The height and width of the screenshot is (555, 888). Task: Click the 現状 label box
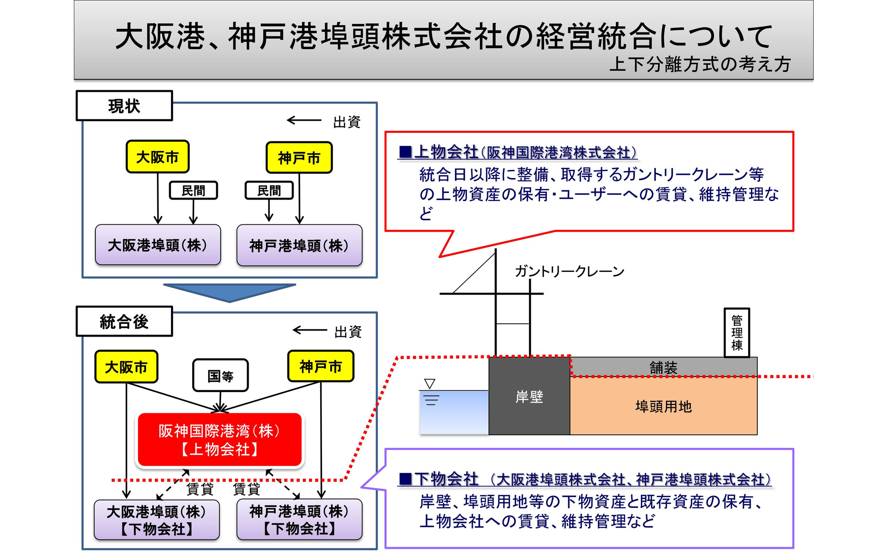pyautogui.click(x=124, y=106)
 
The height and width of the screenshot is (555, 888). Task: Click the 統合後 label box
pyautogui.click(x=124, y=322)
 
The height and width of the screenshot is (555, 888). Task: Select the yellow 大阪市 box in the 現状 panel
pyautogui.click(x=157, y=157)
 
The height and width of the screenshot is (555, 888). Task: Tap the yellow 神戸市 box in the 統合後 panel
pyautogui.click(x=321, y=366)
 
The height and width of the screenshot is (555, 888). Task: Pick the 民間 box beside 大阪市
pyautogui.click(x=193, y=190)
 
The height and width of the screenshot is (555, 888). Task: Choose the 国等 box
pyautogui.click(x=220, y=376)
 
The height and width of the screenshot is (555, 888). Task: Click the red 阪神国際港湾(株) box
pyautogui.click(x=220, y=440)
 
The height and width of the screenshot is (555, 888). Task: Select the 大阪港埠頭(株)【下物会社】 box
pyautogui.click(x=157, y=520)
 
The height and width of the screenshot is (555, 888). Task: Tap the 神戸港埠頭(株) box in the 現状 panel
pyautogui.click(x=299, y=245)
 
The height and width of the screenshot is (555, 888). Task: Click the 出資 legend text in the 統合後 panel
pyautogui.click(x=348, y=332)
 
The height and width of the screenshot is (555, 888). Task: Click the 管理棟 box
pyautogui.click(x=737, y=333)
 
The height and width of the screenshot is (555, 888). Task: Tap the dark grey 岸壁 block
pyautogui.click(x=529, y=396)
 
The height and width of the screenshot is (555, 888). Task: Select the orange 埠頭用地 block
pyautogui.click(x=663, y=406)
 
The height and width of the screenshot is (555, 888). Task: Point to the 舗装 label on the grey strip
pyautogui.click(x=663, y=367)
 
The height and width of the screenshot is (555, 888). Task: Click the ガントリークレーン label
pyautogui.click(x=569, y=272)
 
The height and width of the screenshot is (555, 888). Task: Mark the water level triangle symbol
pyautogui.click(x=430, y=383)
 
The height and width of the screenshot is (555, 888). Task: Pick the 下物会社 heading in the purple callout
pyautogui.click(x=446, y=479)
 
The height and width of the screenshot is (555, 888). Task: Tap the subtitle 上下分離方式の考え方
pyautogui.click(x=700, y=64)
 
